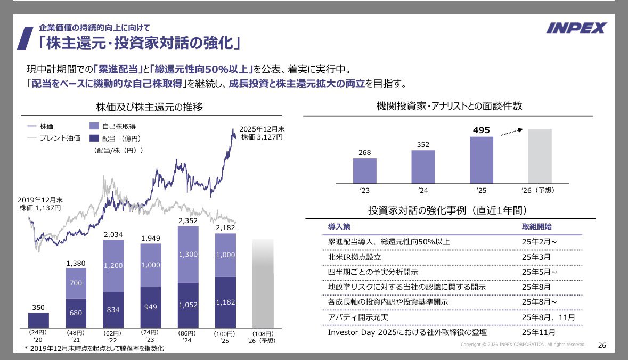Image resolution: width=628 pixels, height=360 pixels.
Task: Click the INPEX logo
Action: tap(576, 28)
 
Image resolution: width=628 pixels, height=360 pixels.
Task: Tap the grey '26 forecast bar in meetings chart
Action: tap(540, 156)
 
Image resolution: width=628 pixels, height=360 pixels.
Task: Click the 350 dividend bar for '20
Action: tap(38, 320)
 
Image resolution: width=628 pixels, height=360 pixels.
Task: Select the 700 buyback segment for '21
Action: tap(76, 283)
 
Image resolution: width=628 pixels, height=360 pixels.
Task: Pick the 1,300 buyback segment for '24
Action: tap(187, 255)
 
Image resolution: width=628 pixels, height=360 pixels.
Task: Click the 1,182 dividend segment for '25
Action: tap(225, 302)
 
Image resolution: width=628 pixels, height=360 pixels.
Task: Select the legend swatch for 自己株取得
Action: tap(94, 127)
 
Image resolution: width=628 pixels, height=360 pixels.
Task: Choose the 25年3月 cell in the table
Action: tap(535, 257)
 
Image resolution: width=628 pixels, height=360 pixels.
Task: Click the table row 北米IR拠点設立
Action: tap(355, 257)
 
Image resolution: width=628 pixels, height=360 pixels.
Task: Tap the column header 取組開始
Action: tap(536, 226)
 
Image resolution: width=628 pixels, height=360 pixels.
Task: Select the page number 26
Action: tap(602, 345)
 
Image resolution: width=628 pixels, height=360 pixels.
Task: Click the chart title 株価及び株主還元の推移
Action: tap(141, 107)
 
